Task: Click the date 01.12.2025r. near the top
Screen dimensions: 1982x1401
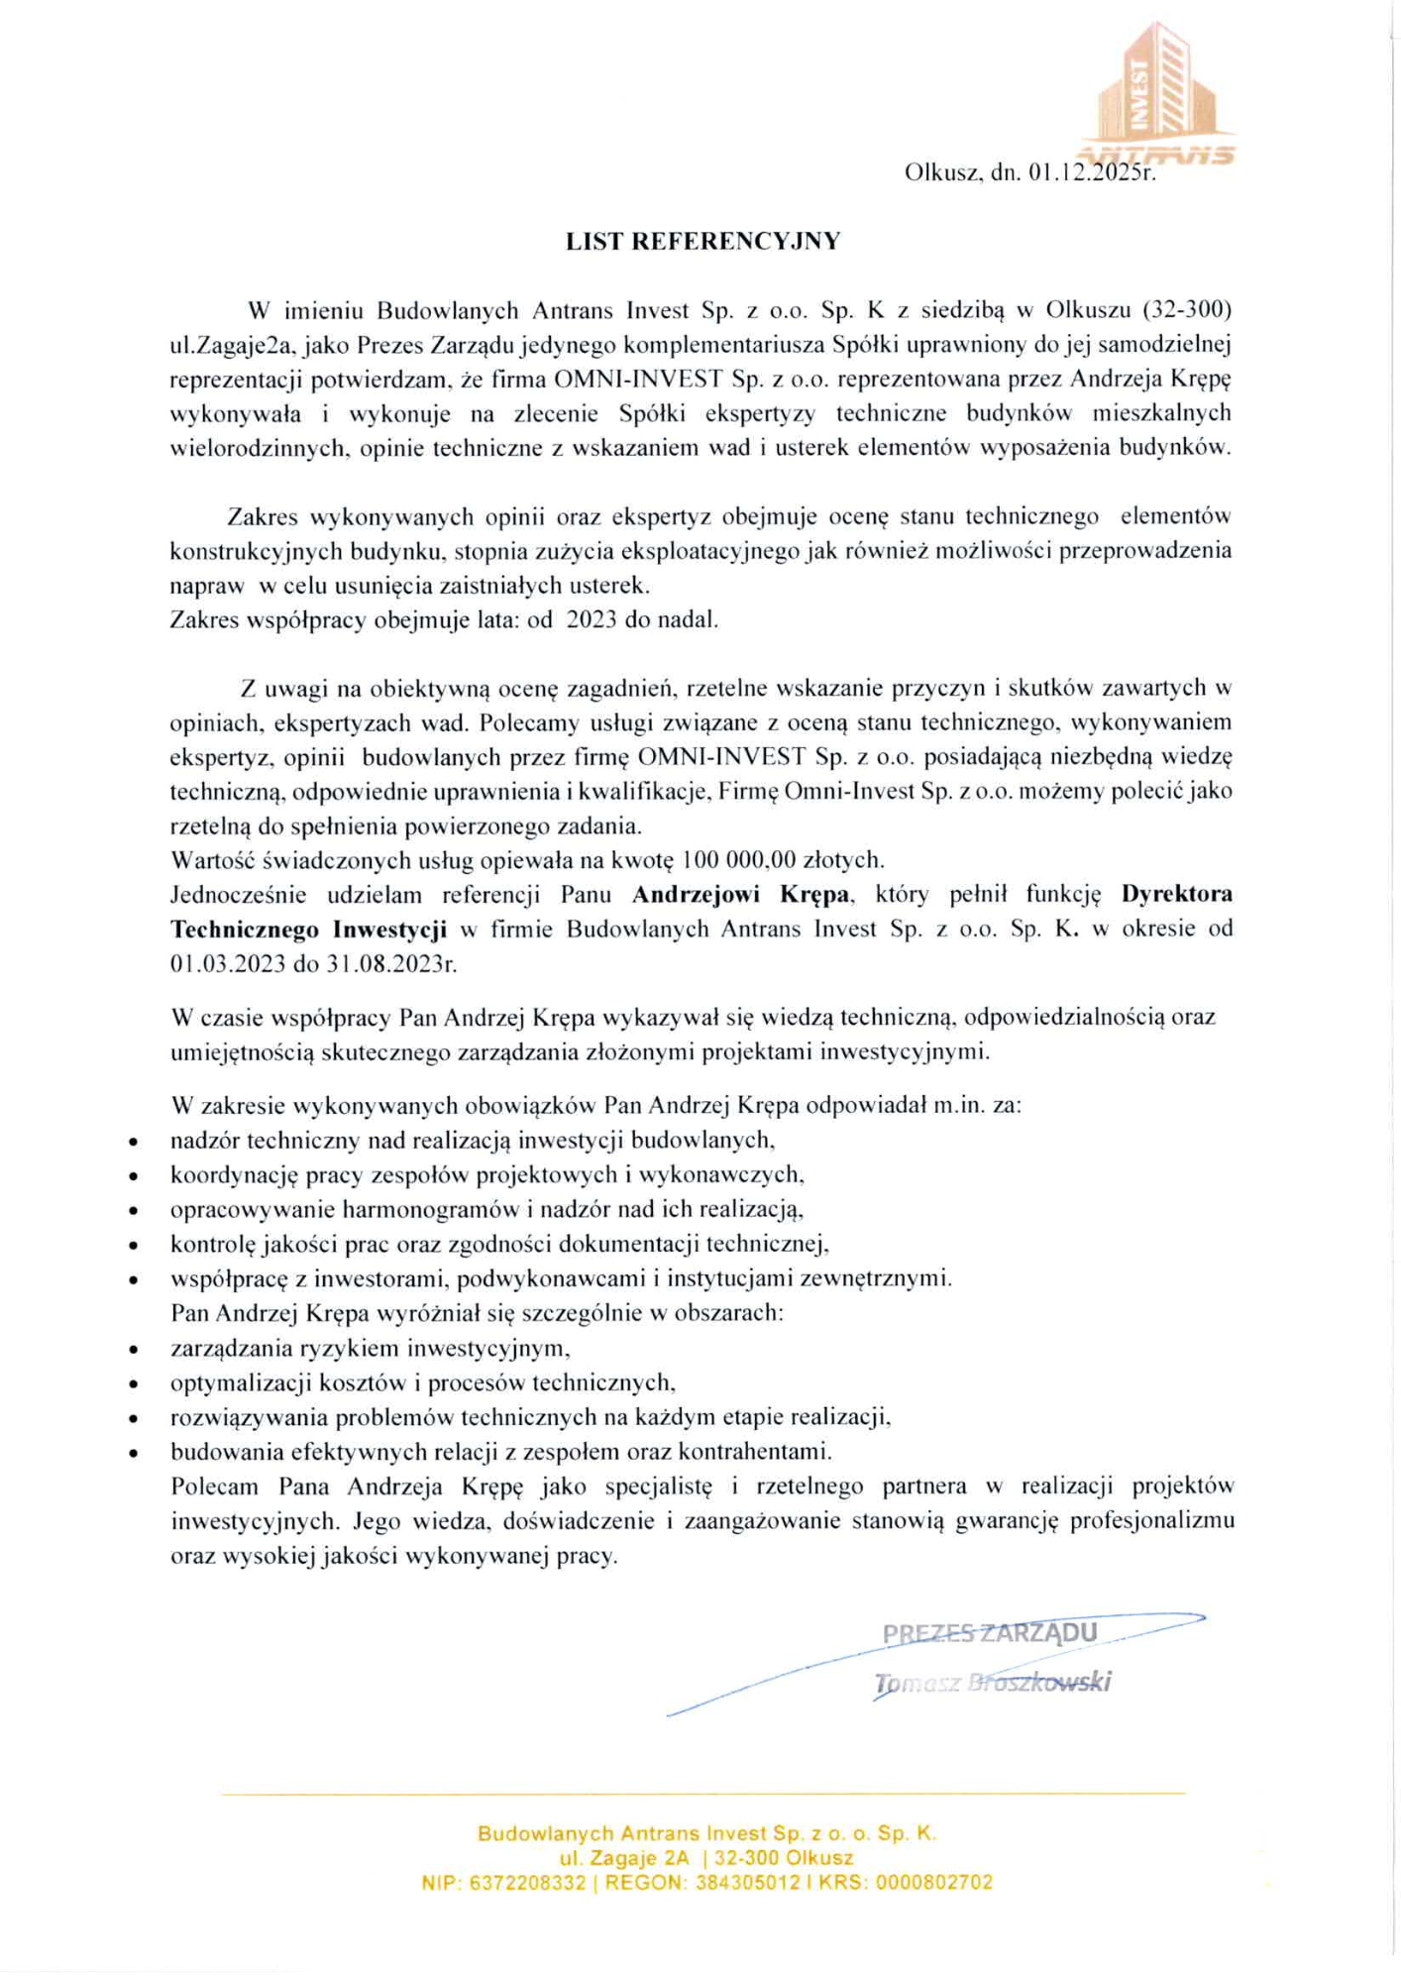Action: point(1092,173)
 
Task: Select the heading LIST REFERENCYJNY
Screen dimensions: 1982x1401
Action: point(702,241)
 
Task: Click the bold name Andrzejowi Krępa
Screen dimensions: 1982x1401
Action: point(740,895)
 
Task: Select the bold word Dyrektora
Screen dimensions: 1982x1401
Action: point(1177,895)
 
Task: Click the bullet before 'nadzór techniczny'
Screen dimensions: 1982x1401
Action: point(133,1143)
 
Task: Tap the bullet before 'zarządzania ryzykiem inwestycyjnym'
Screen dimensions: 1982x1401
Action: point(133,1350)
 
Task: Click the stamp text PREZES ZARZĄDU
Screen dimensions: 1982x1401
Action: point(989,1633)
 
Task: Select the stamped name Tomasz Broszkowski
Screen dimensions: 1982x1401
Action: point(992,1683)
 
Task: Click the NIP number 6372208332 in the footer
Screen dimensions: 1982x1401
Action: point(526,1883)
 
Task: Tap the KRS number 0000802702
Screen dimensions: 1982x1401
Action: point(933,1883)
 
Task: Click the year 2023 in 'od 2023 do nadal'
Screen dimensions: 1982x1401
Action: point(592,620)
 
